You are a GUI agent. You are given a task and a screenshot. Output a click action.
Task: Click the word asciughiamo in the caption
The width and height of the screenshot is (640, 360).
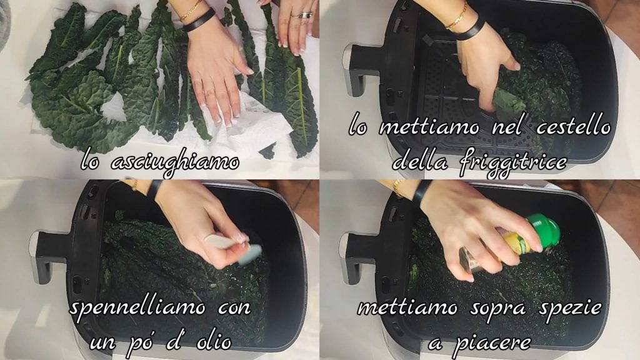pos(175,163)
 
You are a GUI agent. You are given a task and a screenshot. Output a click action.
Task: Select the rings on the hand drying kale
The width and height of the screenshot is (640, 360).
pos(302,15)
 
